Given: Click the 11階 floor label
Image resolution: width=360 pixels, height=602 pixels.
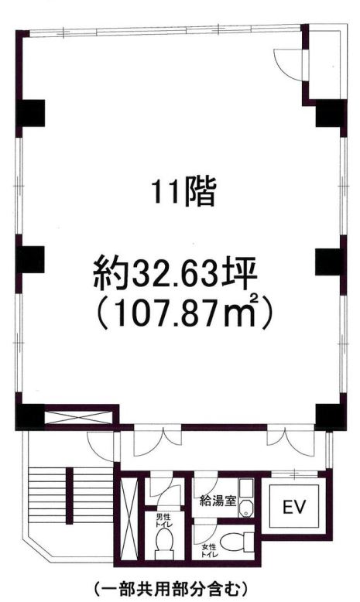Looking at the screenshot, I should pyautogui.click(x=183, y=191).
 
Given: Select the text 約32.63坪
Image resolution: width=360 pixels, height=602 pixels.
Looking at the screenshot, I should pyautogui.click(x=180, y=272).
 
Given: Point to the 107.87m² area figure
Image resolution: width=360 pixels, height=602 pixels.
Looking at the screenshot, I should pyautogui.click(x=183, y=314).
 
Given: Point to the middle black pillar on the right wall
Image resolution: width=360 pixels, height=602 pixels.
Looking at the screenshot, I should pyautogui.click(x=329, y=261).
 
